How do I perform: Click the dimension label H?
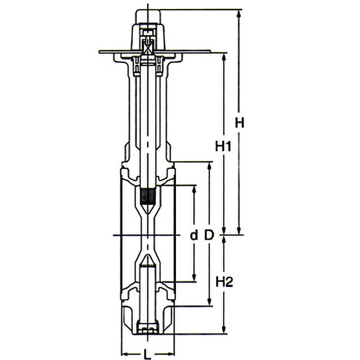pyautogui.click(x=239, y=123)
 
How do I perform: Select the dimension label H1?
pyautogui.click(x=223, y=147)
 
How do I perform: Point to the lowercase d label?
pyautogui.click(x=194, y=235)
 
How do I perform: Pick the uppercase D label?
pyautogui.click(x=209, y=235)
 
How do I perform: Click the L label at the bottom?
pyautogui.click(x=148, y=354)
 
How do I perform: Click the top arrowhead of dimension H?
pyautogui.click(x=239, y=13)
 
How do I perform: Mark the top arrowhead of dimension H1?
pyautogui.click(x=224, y=57)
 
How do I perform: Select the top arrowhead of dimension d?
pyautogui.click(x=194, y=189)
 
